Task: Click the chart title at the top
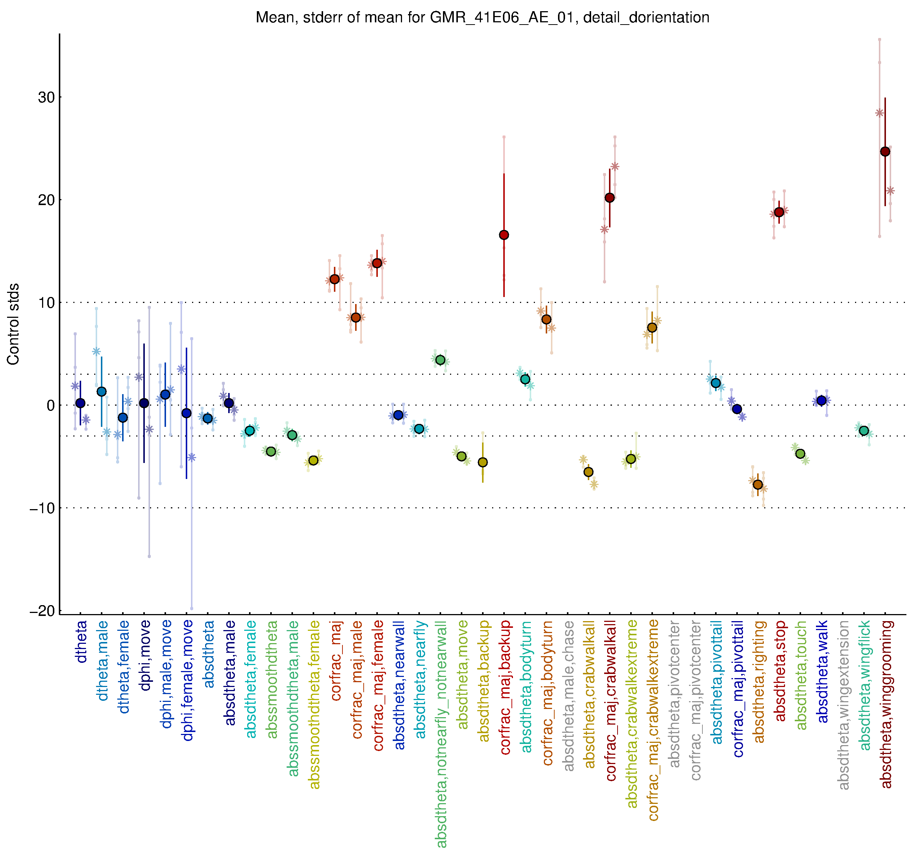point(482,17)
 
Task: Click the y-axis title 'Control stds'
point(13,324)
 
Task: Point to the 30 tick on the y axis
point(46,97)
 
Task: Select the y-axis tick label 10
point(46,303)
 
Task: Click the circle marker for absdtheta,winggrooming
point(885,152)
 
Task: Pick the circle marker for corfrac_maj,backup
point(504,235)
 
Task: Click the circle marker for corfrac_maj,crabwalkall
point(610,198)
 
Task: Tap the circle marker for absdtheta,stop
point(779,212)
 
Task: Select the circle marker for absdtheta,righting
point(758,485)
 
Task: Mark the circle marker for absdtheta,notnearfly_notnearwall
point(440,360)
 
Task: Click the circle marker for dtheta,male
point(101,392)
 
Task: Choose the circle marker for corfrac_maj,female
point(377,263)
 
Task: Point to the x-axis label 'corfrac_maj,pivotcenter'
point(695,700)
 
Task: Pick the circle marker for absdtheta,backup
point(482,462)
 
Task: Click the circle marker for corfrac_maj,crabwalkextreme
point(652,328)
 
